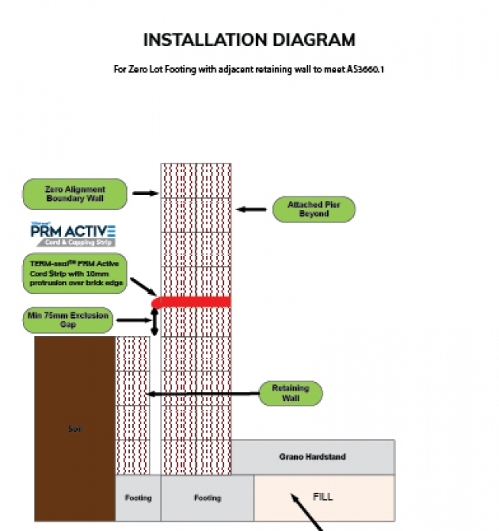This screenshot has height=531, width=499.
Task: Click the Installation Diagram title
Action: [x=249, y=40]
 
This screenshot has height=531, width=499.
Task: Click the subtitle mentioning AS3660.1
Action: [x=248, y=70]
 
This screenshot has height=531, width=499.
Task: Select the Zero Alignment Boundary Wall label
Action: [x=74, y=193]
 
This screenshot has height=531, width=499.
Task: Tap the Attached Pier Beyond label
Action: [x=313, y=209]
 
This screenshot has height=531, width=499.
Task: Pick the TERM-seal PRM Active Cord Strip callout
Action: [x=74, y=273]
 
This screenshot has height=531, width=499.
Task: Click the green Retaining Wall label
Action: [x=290, y=393]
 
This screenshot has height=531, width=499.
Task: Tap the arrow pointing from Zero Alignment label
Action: [x=144, y=193]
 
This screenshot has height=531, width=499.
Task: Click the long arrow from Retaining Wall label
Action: [x=203, y=394]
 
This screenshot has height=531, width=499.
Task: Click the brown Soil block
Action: [x=74, y=428]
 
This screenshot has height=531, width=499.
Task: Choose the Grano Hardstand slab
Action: [x=313, y=457]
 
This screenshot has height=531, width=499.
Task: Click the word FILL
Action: [x=323, y=496]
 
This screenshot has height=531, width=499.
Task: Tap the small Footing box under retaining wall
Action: [x=138, y=498]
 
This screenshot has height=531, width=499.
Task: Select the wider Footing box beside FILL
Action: [x=207, y=498]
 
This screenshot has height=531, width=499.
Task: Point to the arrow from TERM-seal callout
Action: [x=143, y=288]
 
